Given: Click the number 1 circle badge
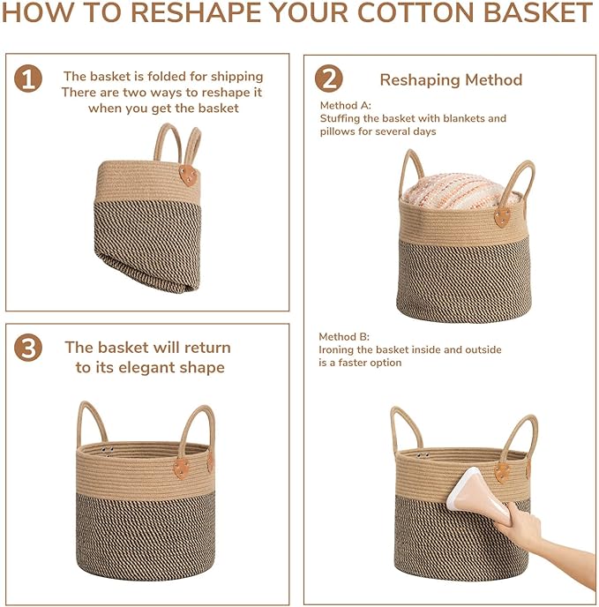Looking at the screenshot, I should [28, 79].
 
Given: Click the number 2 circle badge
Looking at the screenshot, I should [328, 79].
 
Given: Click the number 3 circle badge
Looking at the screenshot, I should [28, 348].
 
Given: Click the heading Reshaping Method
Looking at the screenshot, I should [451, 79].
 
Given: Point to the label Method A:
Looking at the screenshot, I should [346, 105].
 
